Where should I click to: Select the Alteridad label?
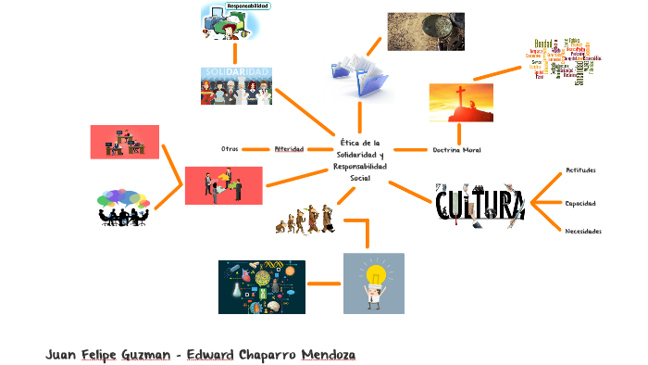[x=289, y=148]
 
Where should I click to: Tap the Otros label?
[x=230, y=148]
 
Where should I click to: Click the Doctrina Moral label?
[x=456, y=149]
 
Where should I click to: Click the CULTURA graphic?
[x=480, y=205]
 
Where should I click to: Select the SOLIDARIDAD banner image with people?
[x=236, y=85]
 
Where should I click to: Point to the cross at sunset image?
[x=460, y=103]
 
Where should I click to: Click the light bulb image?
[x=373, y=283]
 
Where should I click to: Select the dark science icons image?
[x=262, y=286]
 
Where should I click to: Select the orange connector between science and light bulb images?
[x=324, y=283]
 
